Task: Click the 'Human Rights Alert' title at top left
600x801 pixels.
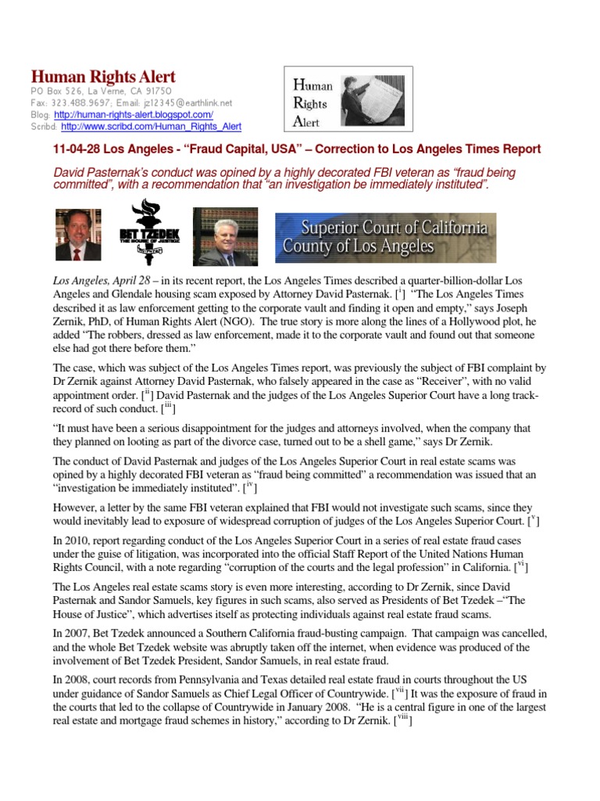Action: point(103,77)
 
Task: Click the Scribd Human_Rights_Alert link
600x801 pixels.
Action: point(151,126)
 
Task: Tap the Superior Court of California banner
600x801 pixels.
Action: point(385,237)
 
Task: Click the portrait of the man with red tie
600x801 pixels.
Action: point(77,235)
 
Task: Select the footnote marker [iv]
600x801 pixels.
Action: point(249,486)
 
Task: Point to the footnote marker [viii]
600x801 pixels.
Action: point(402,720)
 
